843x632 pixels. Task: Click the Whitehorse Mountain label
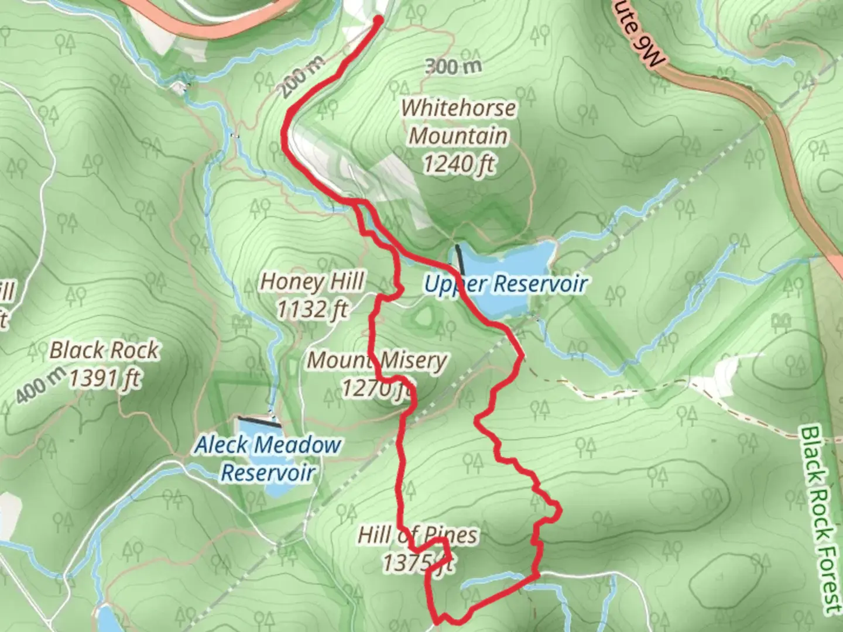458,122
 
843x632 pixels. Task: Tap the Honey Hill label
312,281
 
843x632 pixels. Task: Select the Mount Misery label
377,360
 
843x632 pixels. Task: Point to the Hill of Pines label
417,535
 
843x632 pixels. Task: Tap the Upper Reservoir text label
505,284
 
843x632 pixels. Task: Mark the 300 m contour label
453,66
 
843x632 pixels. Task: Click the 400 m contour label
39,384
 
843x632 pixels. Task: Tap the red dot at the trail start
378,20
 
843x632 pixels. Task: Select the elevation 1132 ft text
312,309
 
